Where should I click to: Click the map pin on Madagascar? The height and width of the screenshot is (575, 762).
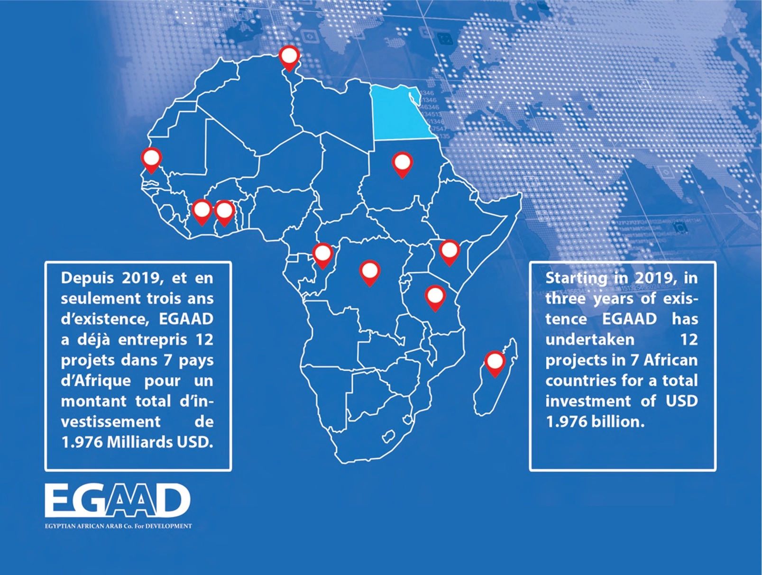point(495,363)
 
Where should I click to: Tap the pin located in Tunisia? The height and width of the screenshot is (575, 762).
point(289,57)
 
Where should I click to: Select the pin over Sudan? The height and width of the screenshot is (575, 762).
point(402,164)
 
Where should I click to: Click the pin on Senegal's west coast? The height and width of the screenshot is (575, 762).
point(151,159)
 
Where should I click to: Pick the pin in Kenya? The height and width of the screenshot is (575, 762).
point(449,251)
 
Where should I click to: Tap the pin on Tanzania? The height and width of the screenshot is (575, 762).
point(435,297)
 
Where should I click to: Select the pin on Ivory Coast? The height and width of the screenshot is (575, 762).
point(202,210)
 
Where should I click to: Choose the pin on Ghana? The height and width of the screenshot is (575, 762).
point(224,211)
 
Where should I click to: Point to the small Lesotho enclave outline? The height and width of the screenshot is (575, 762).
point(390,435)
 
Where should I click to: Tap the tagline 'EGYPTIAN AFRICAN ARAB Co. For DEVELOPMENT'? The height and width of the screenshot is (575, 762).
point(118,526)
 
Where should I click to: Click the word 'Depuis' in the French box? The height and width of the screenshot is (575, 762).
point(87,278)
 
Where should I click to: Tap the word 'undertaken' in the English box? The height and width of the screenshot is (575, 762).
point(589,339)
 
